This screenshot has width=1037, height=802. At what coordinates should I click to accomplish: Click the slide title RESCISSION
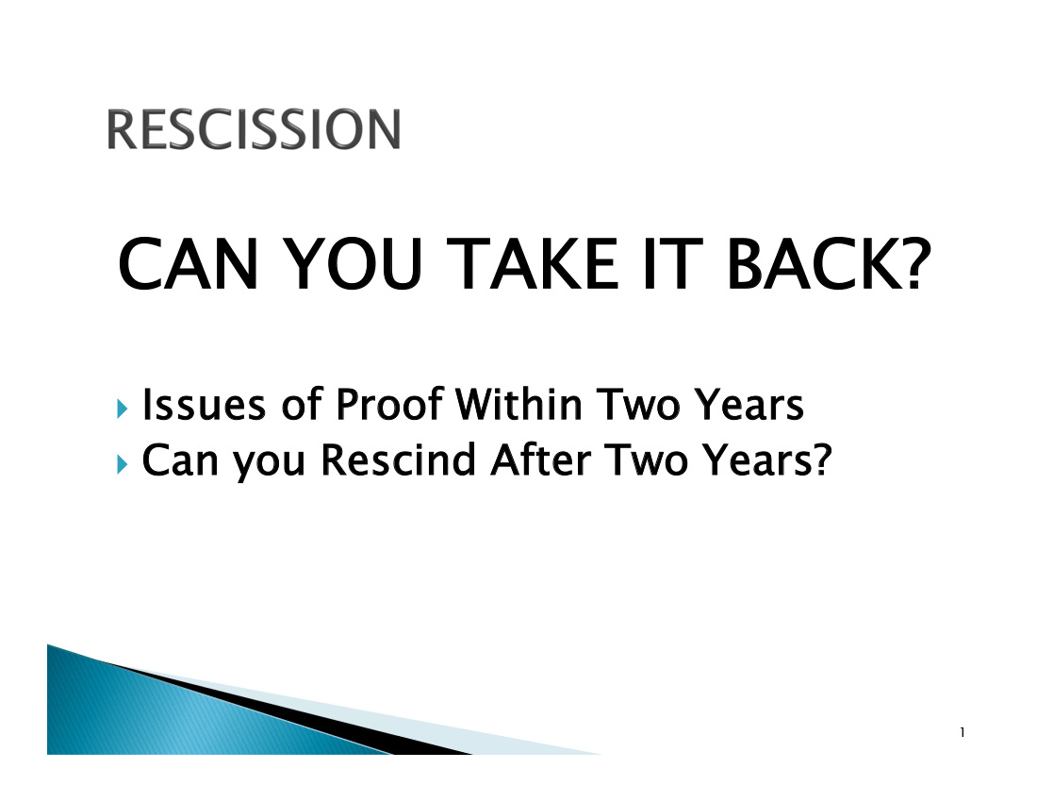[x=254, y=129]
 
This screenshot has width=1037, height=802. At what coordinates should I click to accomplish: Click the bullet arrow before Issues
[x=122, y=409]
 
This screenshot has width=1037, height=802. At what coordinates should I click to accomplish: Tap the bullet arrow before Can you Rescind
[x=122, y=464]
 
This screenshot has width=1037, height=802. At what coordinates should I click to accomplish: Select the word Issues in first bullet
[x=204, y=405]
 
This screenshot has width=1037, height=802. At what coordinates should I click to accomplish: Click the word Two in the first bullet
[x=637, y=405]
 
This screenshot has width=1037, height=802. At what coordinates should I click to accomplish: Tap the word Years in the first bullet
[x=748, y=405]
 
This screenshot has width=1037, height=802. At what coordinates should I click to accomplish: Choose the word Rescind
[x=398, y=459]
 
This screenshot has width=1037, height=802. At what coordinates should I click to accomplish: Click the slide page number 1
[x=963, y=732]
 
